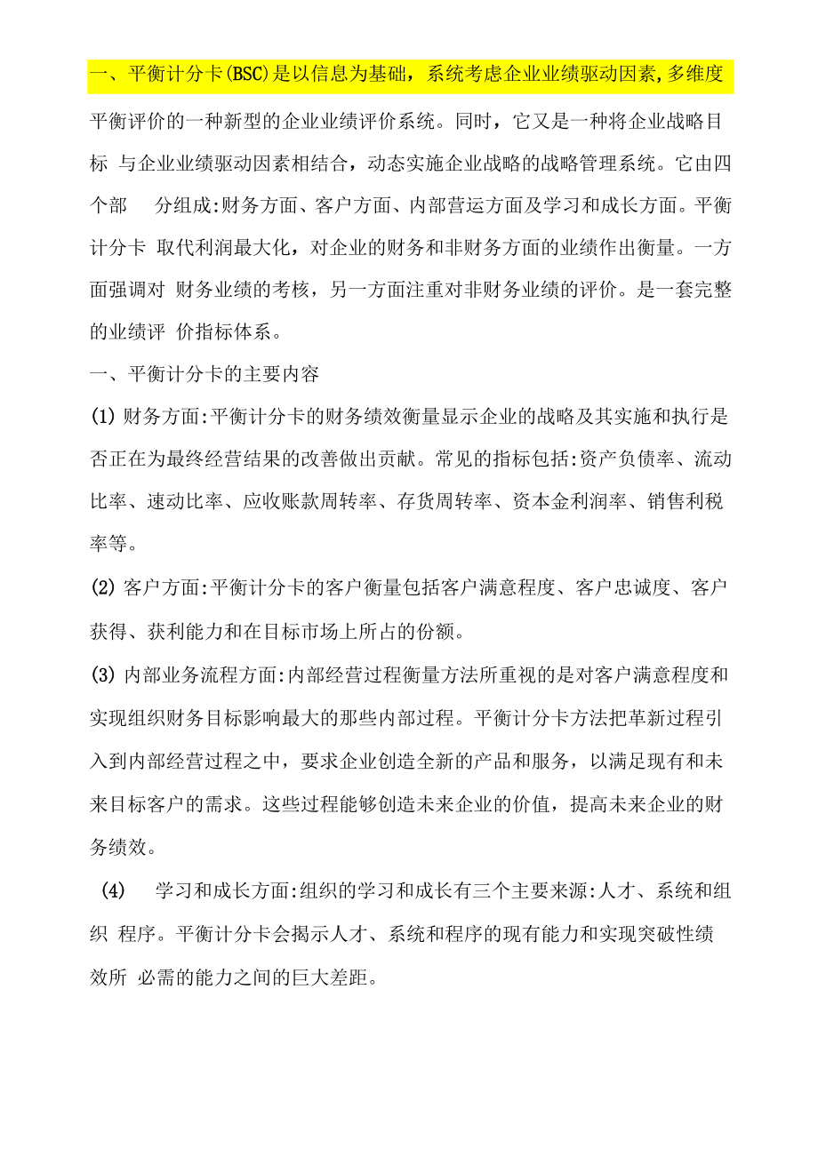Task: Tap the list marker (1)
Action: (x=103, y=418)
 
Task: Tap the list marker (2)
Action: (x=103, y=587)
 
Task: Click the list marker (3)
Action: (x=103, y=674)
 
